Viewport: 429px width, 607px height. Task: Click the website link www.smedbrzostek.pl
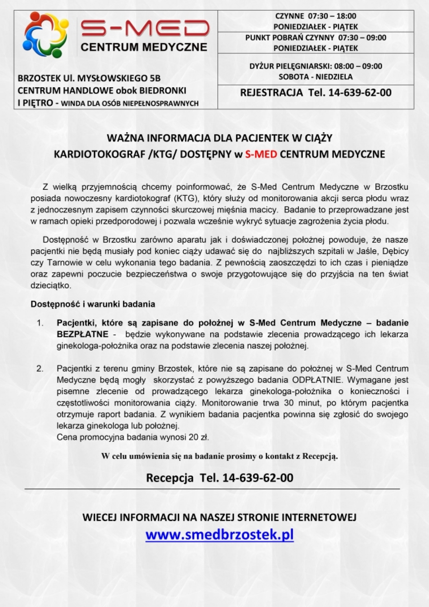tap(220, 534)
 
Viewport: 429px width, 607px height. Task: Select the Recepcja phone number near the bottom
tap(258, 478)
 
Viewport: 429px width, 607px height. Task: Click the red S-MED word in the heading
tap(261, 154)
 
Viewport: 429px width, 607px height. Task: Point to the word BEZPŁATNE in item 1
tap(82, 334)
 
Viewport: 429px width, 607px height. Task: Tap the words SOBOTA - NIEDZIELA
tap(316, 77)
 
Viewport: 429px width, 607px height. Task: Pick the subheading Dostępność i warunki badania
tap(93, 304)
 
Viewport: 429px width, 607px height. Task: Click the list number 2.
tap(40, 368)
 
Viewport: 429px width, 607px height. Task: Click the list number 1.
tap(40, 323)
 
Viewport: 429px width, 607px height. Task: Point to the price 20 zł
tap(200, 437)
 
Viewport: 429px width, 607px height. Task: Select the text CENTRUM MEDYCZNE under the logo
tap(144, 47)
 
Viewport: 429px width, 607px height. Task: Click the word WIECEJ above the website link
tap(100, 517)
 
